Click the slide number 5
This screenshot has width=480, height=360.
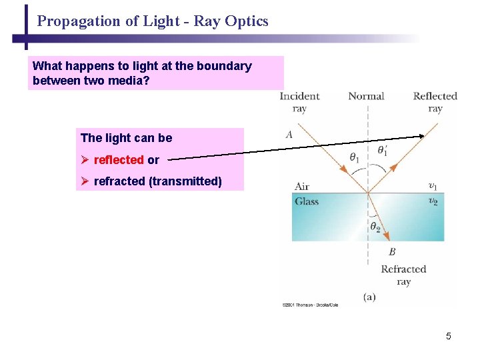click(x=449, y=336)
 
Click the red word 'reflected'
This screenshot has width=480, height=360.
click(x=119, y=160)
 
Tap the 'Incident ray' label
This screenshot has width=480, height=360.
click(x=299, y=102)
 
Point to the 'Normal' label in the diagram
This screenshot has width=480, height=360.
click(x=366, y=96)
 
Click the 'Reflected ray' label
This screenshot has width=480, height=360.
click(x=435, y=102)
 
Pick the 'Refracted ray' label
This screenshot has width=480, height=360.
click(x=403, y=275)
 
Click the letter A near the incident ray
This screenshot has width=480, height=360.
click(x=289, y=135)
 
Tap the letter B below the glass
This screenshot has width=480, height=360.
click(x=392, y=252)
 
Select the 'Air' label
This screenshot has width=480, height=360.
click(x=302, y=187)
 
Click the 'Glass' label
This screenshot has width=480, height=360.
click(x=307, y=201)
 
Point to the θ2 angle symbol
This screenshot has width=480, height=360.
click(x=376, y=227)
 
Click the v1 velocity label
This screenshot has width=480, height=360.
click(x=433, y=186)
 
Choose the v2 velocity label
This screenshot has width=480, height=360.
click(x=433, y=201)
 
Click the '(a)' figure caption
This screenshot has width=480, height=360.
click(x=369, y=297)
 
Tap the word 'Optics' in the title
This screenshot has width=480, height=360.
click(x=247, y=21)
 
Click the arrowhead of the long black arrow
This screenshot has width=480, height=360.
click(x=421, y=136)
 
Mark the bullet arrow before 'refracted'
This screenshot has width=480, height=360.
click(x=85, y=181)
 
